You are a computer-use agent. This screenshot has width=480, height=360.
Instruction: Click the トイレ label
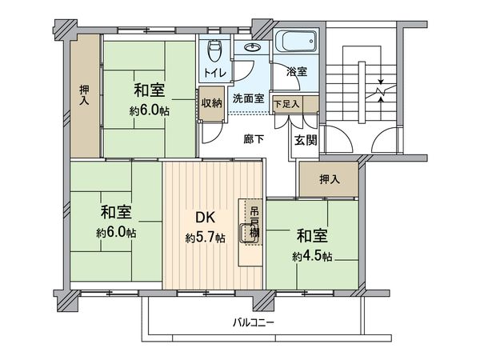214,74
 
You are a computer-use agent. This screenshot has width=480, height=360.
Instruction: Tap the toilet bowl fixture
213,53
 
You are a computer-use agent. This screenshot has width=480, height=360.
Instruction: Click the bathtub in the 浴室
297,42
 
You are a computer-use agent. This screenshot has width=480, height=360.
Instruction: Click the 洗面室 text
248,100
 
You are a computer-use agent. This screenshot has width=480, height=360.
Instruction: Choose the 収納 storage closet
212,103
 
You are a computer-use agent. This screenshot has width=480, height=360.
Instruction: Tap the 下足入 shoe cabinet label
286,103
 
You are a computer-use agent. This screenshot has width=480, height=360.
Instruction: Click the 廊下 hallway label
254,138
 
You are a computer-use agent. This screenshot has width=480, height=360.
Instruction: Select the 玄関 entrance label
305,141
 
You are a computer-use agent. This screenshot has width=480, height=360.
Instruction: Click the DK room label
206,217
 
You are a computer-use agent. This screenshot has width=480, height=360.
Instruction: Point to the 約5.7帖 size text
205,238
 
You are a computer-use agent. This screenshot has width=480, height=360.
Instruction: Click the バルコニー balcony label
254,323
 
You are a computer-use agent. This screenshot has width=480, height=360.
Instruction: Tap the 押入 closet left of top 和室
84,95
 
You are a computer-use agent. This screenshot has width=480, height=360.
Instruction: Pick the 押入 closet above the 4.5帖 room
329,178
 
